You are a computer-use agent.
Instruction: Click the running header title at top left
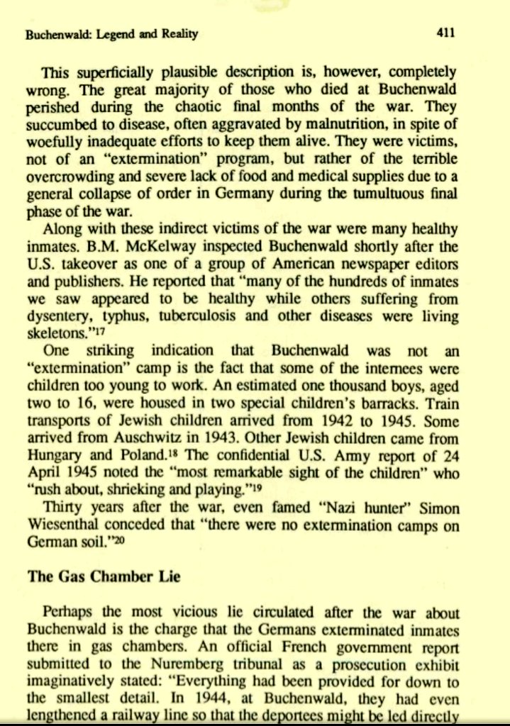pyautogui.click(x=111, y=33)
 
